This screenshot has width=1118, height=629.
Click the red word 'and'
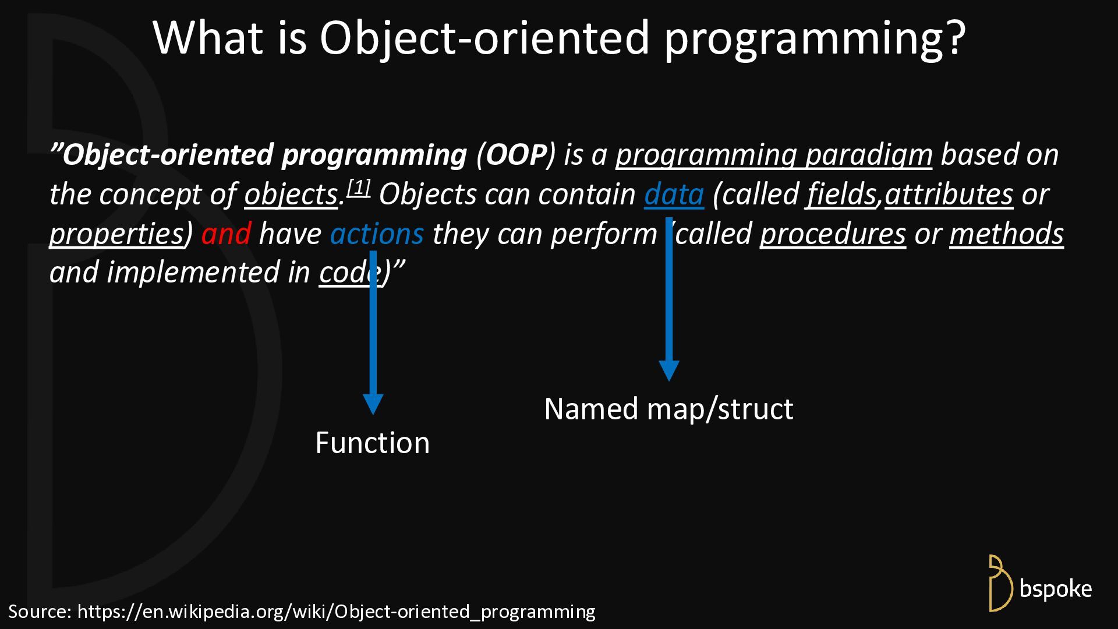point(226,234)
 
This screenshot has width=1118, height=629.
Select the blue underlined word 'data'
point(674,195)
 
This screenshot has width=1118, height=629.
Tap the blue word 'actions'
point(377,234)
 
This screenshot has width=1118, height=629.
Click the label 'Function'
point(373,443)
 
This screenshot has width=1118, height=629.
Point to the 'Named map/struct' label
point(668,409)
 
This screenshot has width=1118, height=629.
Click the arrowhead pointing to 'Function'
point(373,404)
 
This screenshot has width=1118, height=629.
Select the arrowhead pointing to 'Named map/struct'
point(669,371)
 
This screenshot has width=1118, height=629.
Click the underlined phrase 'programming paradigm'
point(774,155)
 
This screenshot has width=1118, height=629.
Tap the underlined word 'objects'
point(291,195)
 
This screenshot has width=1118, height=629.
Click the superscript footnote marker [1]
point(359,188)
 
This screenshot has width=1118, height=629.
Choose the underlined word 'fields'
point(841,195)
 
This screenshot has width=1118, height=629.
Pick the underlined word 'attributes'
point(949,195)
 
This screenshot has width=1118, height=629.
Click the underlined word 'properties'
point(116,234)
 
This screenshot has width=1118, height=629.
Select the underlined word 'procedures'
point(833,234)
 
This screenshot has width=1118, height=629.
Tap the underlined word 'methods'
point(1007,234)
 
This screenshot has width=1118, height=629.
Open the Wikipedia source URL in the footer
point(337,612)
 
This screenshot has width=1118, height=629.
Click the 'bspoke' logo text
point(1056,589)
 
